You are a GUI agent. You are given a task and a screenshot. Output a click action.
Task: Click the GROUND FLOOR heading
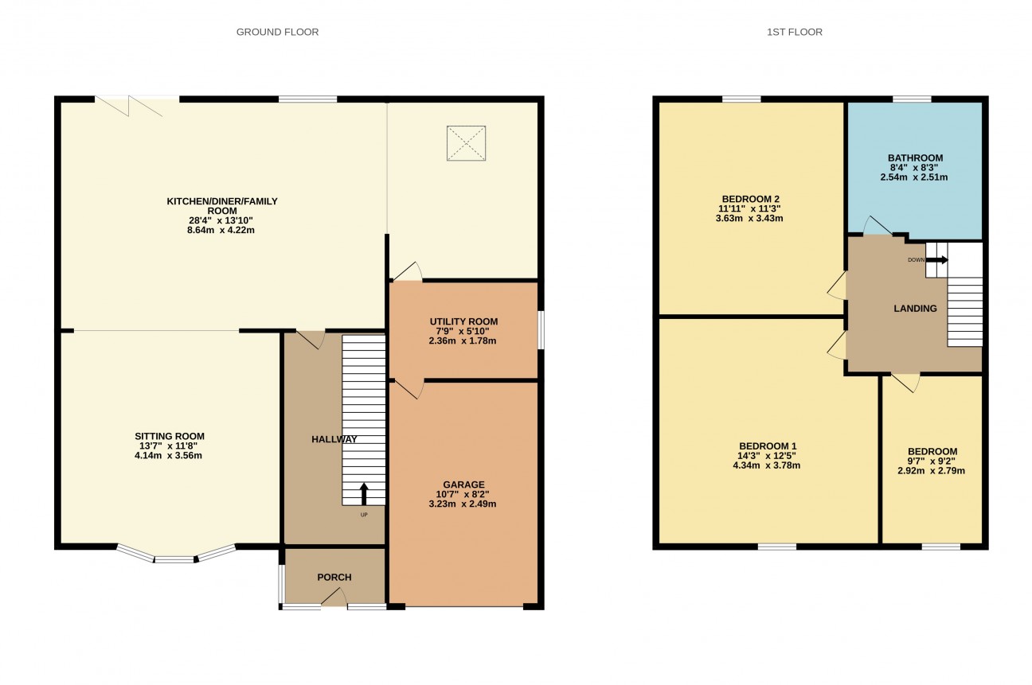click(277, 32)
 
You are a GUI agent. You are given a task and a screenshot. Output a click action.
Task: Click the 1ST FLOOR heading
click(794, 32)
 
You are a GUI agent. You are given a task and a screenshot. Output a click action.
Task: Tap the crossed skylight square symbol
click(466, 143)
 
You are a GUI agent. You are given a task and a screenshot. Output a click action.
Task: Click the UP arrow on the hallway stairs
click(364, 493)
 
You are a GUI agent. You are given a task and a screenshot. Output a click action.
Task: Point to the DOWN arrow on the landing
click(936, 259)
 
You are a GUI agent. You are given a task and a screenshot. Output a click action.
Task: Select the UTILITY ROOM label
click(463, 321)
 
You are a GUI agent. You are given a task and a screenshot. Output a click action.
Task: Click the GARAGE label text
click(463, 485)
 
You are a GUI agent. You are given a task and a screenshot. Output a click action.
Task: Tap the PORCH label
click(334, 577)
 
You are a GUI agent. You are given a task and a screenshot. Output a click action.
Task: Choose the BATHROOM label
click(915, 158)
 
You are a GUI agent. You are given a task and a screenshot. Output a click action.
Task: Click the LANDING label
click(915, 309)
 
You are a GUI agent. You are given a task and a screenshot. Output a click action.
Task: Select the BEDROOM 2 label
click(750, 199)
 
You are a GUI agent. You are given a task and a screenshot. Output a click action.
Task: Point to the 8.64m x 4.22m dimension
click(221, 230)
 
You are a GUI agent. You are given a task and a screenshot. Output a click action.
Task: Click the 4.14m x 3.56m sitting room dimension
click(168, 455)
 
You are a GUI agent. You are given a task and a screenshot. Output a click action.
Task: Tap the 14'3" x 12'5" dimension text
click(767, 455)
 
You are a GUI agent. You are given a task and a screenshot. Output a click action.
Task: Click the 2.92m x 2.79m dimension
click(931, 470)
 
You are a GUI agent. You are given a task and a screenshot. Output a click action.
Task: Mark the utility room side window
click(541, 329)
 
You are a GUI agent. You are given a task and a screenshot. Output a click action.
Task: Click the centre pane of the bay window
click(174, 559)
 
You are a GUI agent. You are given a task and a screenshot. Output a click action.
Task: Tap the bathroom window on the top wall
click(912, 99)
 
